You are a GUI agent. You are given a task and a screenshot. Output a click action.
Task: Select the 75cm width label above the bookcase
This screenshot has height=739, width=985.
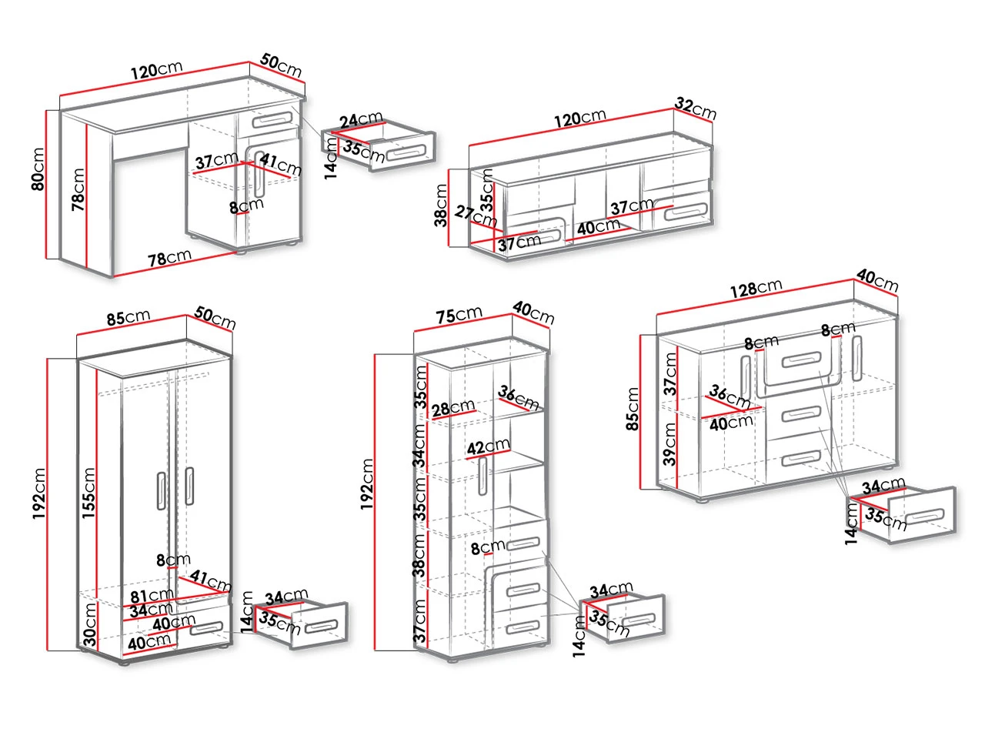[459, 316]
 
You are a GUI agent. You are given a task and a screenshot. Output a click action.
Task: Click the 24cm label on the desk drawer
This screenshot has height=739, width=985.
[361, 120]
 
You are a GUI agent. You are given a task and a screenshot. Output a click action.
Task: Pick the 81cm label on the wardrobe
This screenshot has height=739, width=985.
[151, 595]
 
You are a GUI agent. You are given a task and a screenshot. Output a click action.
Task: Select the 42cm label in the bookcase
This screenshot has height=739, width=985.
[488, 447]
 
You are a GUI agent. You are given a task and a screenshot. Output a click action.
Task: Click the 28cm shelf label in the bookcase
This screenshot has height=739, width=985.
[453, 408]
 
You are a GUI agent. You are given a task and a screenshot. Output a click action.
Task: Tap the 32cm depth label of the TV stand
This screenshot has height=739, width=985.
[696, 108]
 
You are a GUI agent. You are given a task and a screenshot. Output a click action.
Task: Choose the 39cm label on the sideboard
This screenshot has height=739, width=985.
[670, 444]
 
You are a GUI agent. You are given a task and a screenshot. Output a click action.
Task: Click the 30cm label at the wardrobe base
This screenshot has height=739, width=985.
[89, 624]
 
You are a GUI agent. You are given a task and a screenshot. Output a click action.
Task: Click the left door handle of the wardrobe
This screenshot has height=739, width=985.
[161, 489]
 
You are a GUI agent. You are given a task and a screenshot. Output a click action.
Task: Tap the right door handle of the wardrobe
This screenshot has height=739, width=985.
[189, 486]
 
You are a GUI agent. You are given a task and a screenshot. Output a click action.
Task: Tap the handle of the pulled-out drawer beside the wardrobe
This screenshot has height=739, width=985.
[321, 626]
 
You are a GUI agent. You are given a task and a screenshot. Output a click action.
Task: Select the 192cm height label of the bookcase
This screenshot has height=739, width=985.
[367, 485]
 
